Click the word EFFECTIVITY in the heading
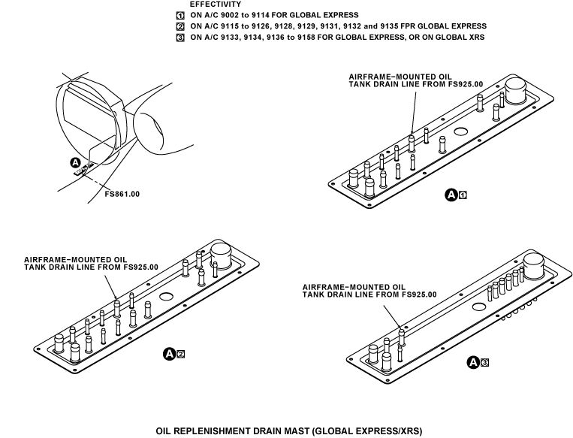click(x=216, y=5)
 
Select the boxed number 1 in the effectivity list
click(x=180, y=16)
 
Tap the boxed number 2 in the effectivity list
click(x=180, y=27)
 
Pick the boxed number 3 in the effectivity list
click(x=180, y=38)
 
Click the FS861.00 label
click(x=122, y=194)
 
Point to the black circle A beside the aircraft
click(x=75, y=163)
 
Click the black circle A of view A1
click(x=451, y=195)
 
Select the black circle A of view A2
click(x=169, y=354)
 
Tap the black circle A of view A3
click(x=473, y=362)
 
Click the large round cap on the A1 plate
click(x=516, y=90)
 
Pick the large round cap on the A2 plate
click(x=221, y=255)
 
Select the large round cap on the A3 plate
click(x=534, y=266)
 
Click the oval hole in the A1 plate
click(x=460, y=131)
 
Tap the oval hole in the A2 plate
click(x=166, y=297)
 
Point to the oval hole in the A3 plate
click(x=479, y=307)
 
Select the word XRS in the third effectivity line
click(x=476, y=38)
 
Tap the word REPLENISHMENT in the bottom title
click(x=211, y=431)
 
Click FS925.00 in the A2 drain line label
click(x=141, y=267)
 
